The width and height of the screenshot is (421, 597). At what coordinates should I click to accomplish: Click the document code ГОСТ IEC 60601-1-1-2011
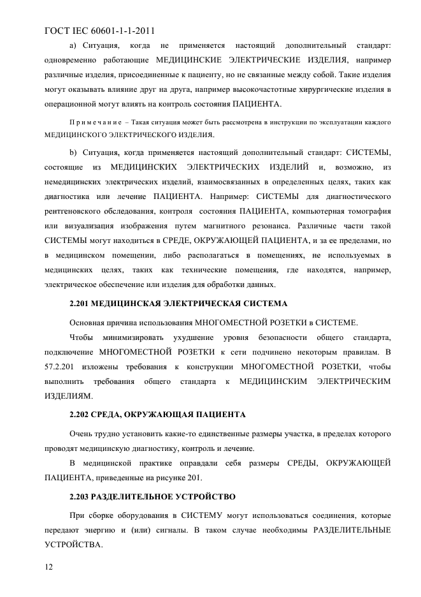(101, 30)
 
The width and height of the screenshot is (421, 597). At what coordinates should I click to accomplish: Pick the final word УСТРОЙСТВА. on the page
(73, 545)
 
